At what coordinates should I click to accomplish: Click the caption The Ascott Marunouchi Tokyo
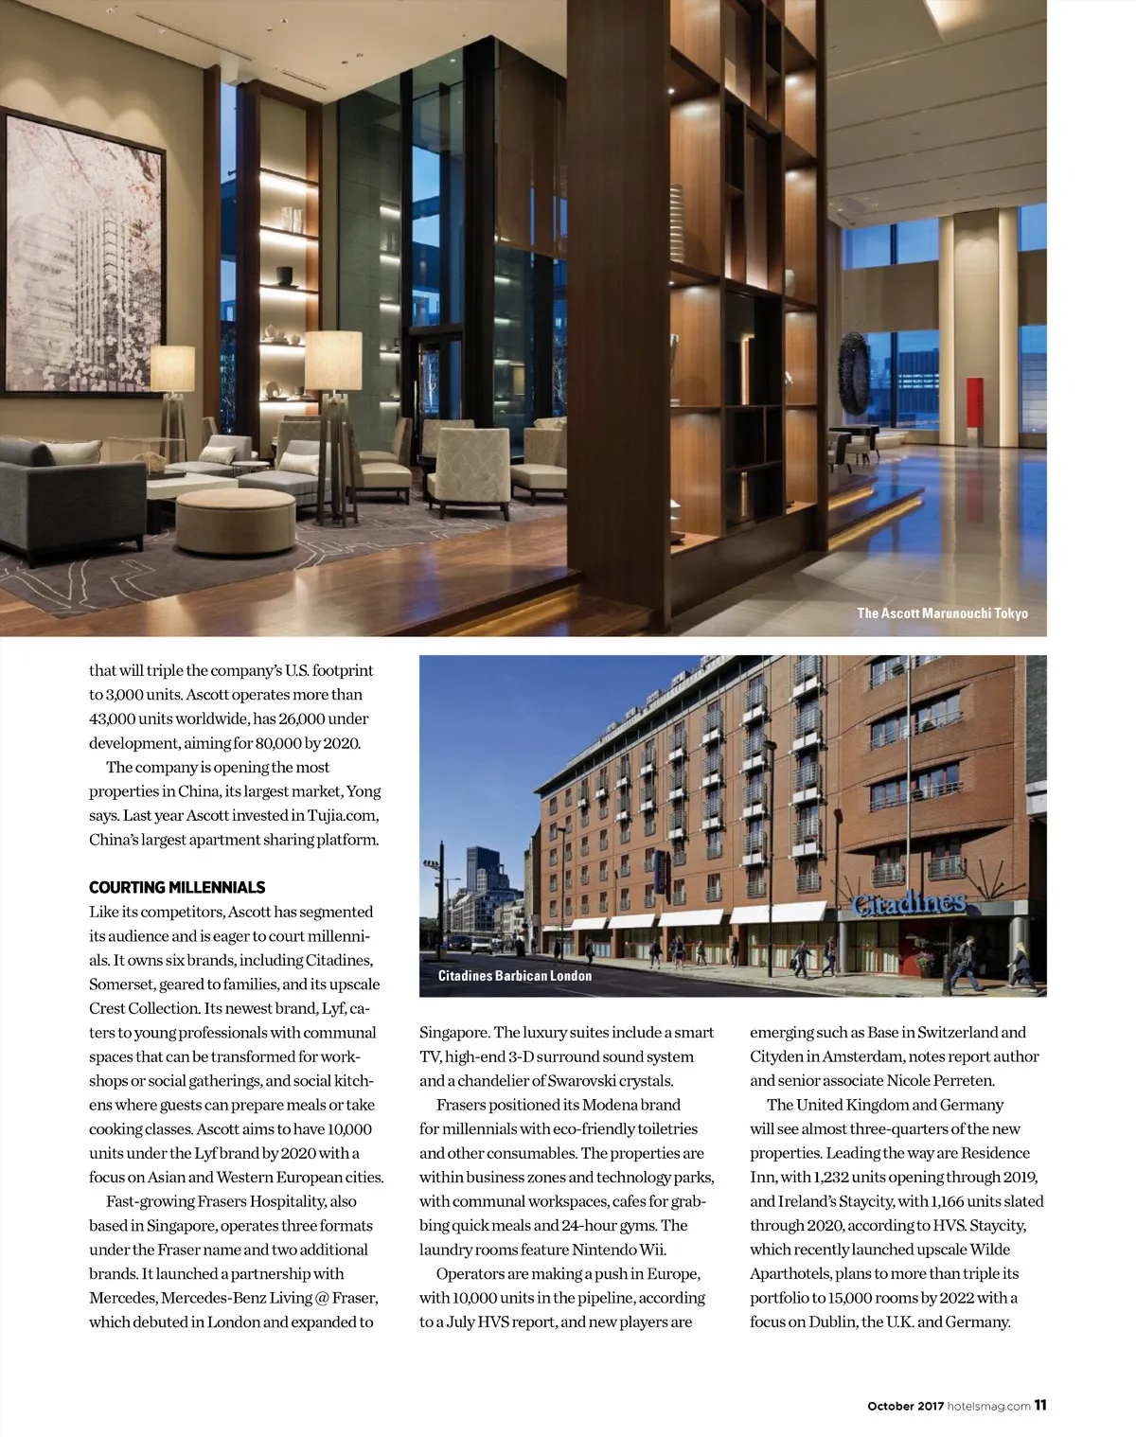point(942,613)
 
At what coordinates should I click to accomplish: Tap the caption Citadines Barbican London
point(514,976)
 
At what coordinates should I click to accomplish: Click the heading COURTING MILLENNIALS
point(177,888)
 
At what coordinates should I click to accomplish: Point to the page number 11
point(1039,1406)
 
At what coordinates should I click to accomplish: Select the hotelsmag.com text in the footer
point(988,1407)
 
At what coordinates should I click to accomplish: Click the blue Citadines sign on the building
point(908,904)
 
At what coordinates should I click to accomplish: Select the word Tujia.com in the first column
point(343,816)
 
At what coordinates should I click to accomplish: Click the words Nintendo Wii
point(618,1251)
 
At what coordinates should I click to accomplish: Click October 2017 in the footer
point(905,1407)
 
